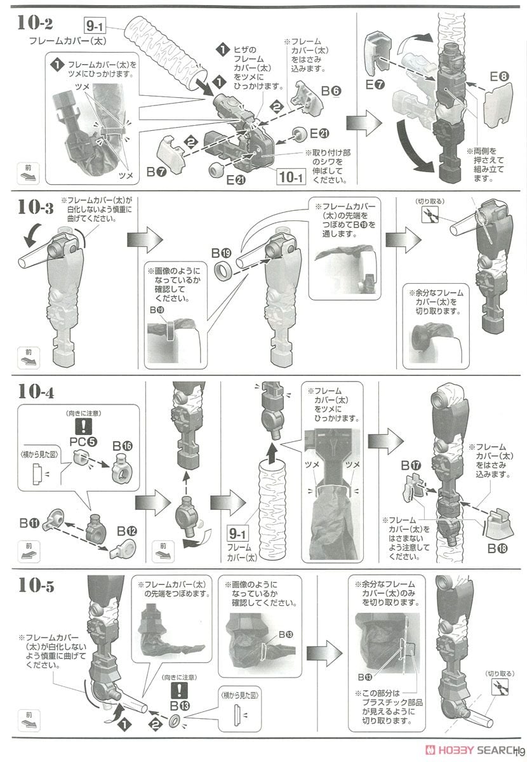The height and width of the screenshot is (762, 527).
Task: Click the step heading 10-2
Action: point(35,23)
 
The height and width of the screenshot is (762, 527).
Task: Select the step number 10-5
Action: point(36,585)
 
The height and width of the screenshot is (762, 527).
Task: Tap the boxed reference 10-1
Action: point(291,177)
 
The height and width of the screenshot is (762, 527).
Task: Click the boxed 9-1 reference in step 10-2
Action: point(95,26)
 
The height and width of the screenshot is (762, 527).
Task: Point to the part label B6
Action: point(331,91)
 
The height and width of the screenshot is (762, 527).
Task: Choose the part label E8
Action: point(499,77)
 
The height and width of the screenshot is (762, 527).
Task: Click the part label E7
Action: point(375,84)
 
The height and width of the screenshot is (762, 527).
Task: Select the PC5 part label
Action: point(83,441)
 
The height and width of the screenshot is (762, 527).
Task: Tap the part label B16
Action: point(123,446)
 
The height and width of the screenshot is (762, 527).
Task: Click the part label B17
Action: point(411,465)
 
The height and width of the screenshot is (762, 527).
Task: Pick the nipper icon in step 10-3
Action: point(429,215)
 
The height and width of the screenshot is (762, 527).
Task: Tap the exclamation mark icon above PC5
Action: point(83,426)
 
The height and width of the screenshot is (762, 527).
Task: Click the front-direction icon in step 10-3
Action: point(29,358)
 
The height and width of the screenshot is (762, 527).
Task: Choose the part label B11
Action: point(30,523)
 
